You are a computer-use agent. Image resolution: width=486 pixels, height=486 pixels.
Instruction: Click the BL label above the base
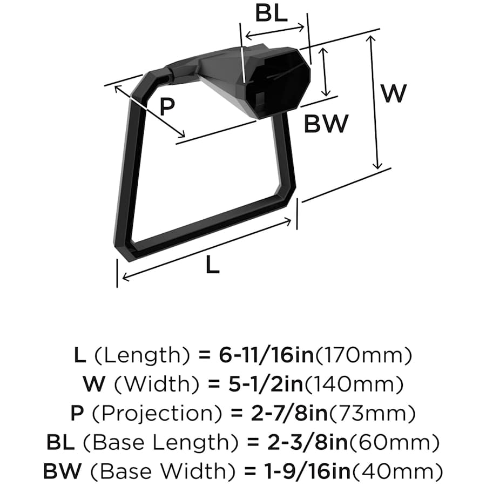pos(271,13)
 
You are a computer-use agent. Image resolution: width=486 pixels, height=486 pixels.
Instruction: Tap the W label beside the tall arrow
pos(393,93)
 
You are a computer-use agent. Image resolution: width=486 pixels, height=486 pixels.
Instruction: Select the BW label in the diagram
pos(326,124)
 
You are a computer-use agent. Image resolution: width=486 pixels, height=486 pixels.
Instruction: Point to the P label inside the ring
pos(167,106)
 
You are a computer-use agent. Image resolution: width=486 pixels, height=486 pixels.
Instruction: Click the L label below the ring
pos(213,265)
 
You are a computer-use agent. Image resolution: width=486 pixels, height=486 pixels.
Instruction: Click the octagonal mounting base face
pos(278,82)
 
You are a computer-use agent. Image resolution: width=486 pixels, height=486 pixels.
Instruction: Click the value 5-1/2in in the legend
pos(266,384)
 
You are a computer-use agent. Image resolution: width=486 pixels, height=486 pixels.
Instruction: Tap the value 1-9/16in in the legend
pos(306,471)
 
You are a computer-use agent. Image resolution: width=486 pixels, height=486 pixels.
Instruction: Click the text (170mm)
pos(363,355)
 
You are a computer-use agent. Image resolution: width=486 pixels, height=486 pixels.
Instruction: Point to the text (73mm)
pos(372,413)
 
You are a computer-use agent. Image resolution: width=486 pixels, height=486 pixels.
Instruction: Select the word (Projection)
pos(158,414)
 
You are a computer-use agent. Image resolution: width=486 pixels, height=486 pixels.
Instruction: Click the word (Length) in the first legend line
pos(141,356)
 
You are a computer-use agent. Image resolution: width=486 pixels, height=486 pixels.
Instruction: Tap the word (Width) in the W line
pos(157,384)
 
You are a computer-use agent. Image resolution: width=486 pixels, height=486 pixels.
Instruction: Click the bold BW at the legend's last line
pos(62,471)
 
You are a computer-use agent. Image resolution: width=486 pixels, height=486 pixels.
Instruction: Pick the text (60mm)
pos(394,442)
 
